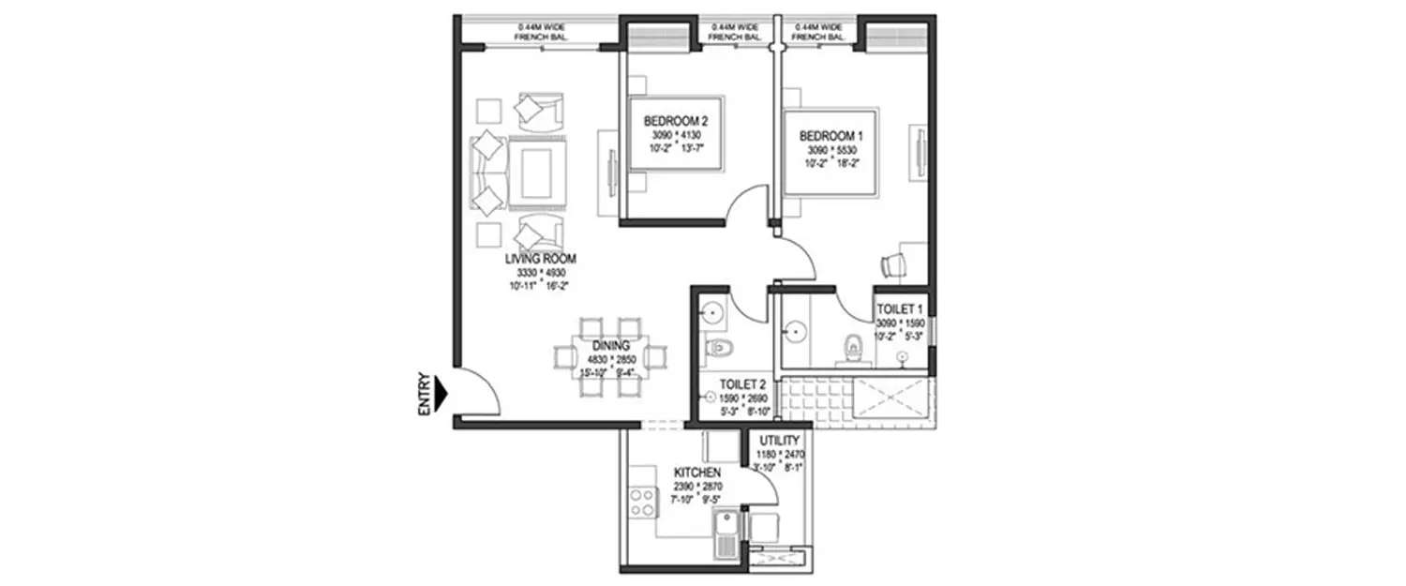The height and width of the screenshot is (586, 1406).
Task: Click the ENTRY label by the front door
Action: pos(425,394)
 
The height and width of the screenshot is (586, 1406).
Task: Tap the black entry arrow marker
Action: pos(443,394)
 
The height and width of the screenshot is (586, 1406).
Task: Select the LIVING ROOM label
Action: pos(540,258)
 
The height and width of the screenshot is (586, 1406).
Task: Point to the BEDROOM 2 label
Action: pos(675,122)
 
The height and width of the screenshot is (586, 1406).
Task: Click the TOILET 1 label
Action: pos(900,308)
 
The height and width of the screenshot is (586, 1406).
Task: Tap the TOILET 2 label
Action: pos(743,383)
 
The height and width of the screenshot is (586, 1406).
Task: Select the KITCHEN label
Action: pos(696,473)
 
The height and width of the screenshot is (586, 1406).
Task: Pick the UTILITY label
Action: pos(779,440)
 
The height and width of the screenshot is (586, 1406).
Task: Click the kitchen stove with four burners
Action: pos(643,502)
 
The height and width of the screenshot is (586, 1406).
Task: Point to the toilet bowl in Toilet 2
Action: pos(719,349)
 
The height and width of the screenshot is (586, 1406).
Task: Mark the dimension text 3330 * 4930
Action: pos(540,272)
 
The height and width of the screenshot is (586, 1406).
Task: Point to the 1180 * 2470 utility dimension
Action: pos(779,454)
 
